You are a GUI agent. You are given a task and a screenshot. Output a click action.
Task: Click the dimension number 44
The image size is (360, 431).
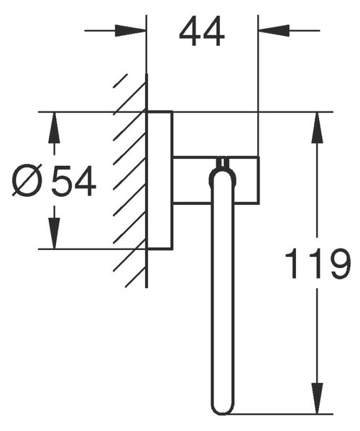202,31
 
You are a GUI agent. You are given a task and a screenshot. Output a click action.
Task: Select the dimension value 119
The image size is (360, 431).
318,263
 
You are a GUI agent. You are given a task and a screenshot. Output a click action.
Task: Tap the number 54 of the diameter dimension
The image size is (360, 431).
74,180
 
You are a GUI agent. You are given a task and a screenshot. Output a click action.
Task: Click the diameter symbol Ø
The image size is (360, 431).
27,180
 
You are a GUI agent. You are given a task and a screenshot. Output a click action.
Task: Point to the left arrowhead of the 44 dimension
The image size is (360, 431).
130,30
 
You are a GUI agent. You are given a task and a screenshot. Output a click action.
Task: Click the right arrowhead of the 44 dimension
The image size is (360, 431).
274,30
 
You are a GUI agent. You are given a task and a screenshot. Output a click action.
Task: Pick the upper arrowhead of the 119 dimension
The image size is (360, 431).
317,128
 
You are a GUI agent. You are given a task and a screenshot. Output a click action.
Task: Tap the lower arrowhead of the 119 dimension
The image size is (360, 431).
317,399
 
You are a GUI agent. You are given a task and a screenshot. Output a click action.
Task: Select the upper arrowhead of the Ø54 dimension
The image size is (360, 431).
54,128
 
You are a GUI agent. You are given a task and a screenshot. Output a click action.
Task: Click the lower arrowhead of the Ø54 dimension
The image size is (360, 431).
54,233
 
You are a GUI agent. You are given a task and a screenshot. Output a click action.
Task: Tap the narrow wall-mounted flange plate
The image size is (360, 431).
160,180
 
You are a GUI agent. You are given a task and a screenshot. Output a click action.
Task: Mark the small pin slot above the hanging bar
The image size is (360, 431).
223,162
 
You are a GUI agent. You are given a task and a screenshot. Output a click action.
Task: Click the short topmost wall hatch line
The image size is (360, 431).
121,80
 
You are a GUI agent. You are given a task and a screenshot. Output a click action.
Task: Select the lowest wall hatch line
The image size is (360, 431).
136,277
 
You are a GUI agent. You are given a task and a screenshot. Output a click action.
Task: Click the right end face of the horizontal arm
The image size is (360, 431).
259,180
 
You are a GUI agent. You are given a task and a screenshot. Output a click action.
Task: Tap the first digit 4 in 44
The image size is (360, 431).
190,31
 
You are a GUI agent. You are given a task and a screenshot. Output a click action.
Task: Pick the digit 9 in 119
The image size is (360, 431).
341,263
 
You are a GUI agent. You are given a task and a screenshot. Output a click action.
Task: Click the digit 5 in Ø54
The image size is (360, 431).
62,180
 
